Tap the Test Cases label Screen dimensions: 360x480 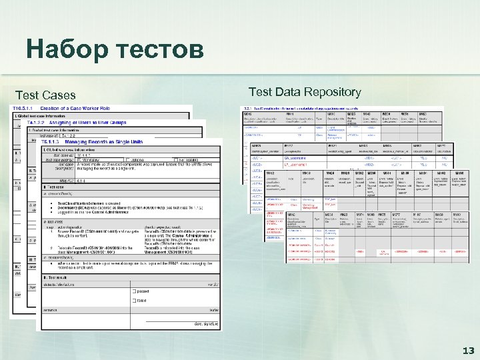45,95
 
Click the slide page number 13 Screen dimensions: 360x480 467,350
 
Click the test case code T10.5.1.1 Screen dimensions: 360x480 25,108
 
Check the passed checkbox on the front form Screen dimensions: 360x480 135,291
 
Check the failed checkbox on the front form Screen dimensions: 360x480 135,301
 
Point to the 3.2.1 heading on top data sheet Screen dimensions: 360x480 255,108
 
